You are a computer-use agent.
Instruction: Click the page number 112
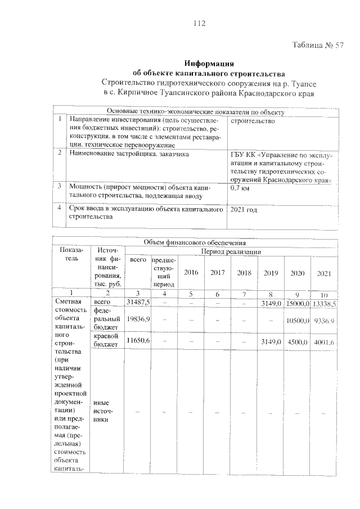198,23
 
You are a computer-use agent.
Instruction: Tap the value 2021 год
244,209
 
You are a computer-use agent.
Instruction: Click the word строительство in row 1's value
253,121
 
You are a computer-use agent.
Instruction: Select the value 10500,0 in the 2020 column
297,319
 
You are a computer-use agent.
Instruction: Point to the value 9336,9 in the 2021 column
324,319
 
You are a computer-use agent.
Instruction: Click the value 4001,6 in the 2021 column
324,341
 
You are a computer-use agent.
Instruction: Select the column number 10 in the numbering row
324,294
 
